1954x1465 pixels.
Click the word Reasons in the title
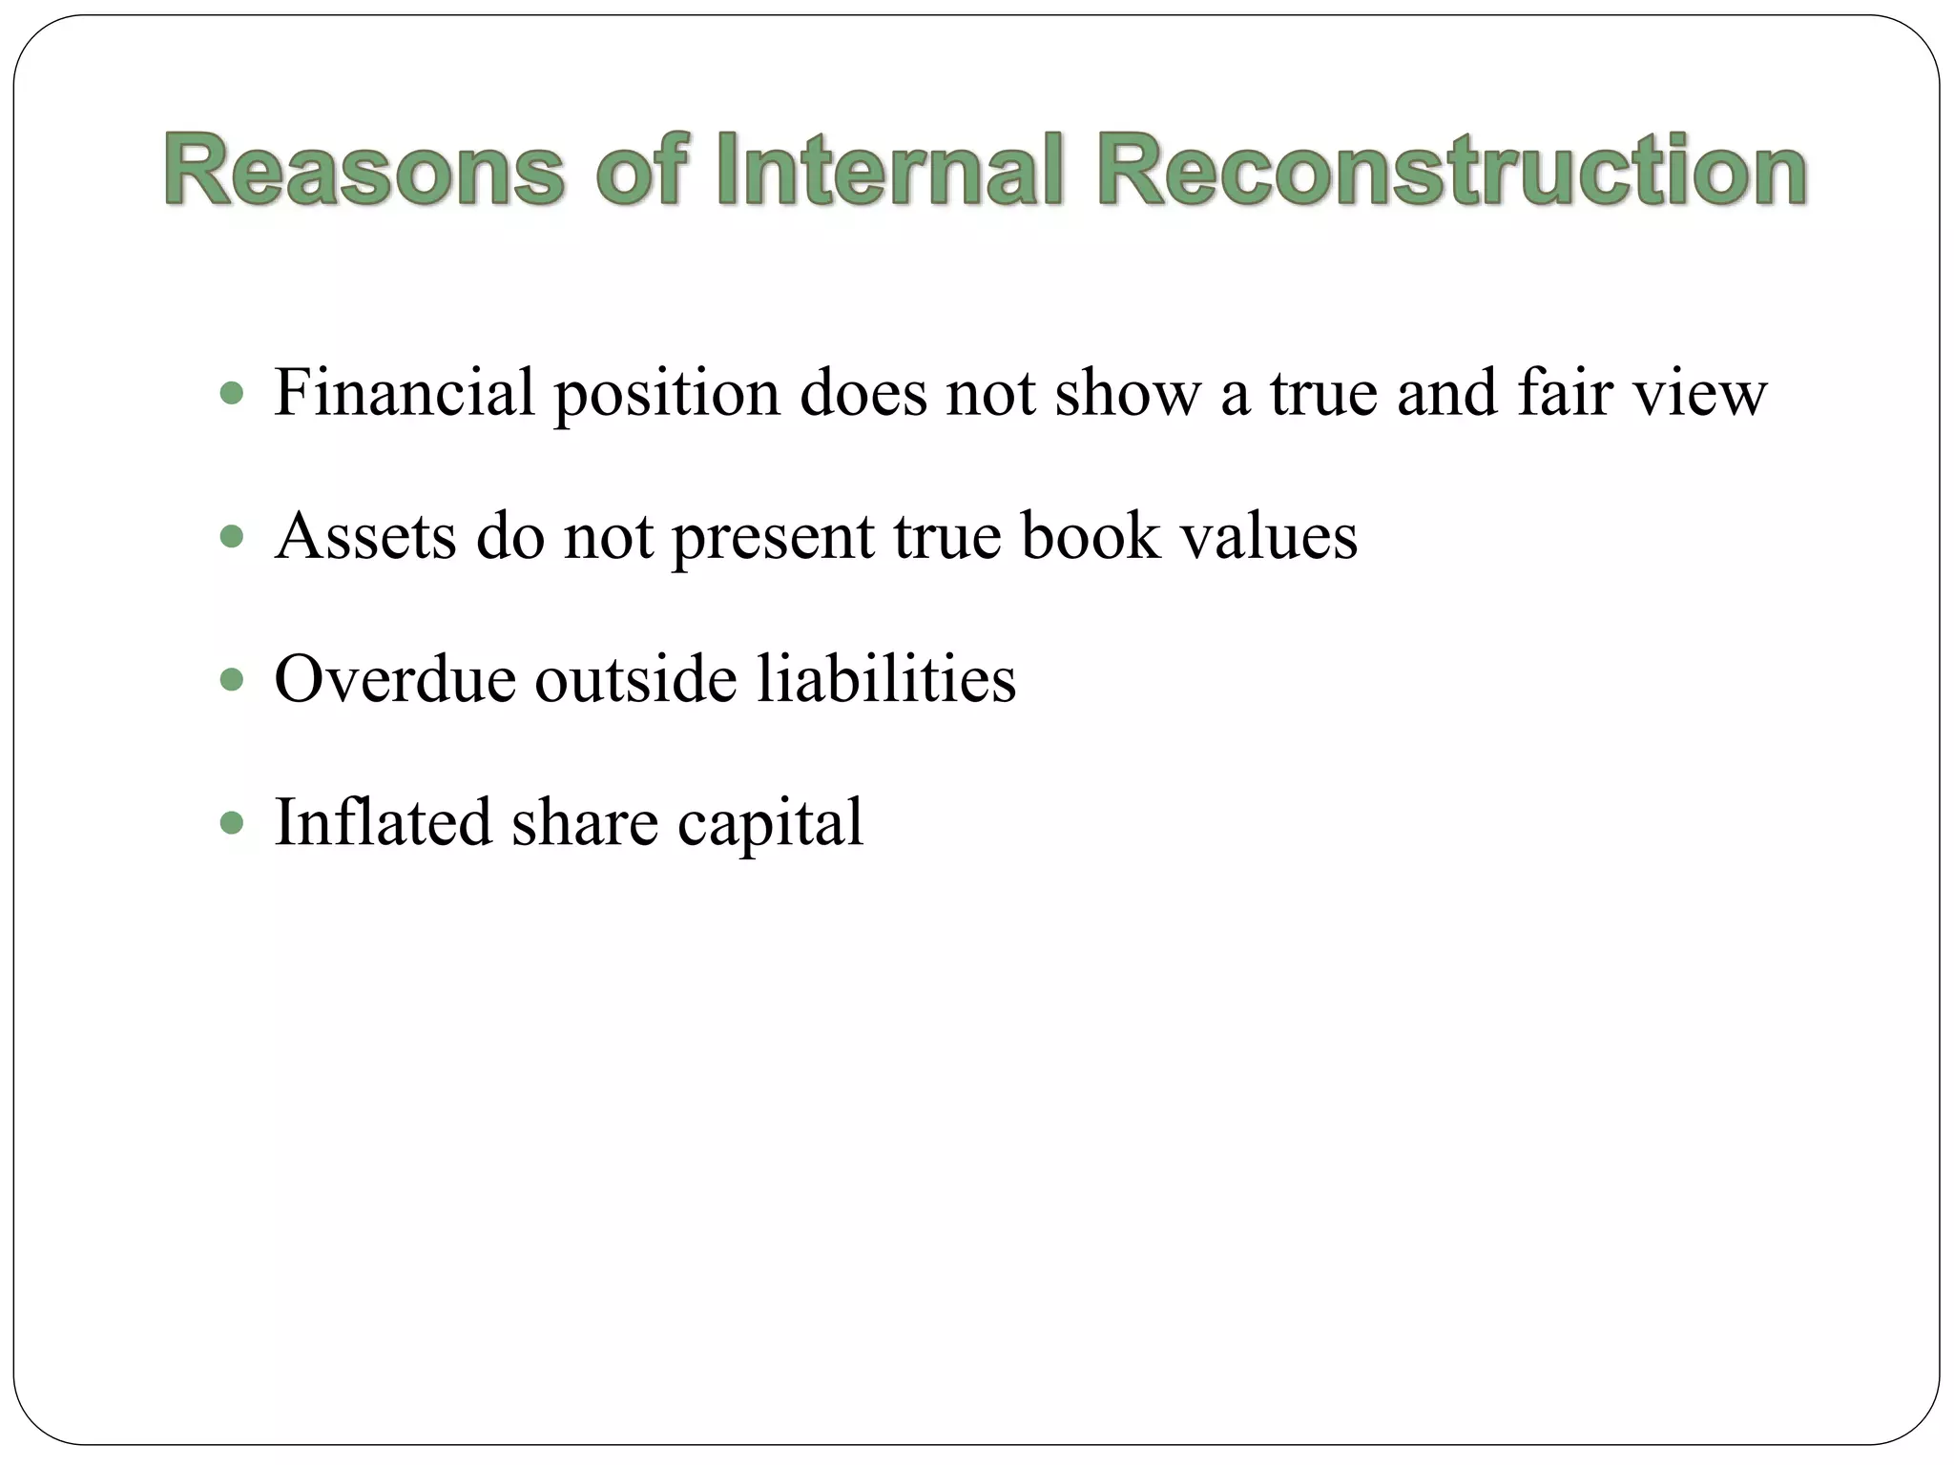click(x=364, y=172)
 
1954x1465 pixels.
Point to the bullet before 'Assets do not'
click(x=232, y=536)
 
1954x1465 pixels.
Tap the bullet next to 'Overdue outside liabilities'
click(x=232, y=679)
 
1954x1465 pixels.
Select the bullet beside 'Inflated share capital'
click(x=232, y=822)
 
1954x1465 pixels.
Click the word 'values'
click(x=1269, y=536)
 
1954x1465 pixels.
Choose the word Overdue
click(x=395, y=679)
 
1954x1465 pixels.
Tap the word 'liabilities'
click(x=887, y=679)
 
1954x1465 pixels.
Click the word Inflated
click(x=383, y=822)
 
